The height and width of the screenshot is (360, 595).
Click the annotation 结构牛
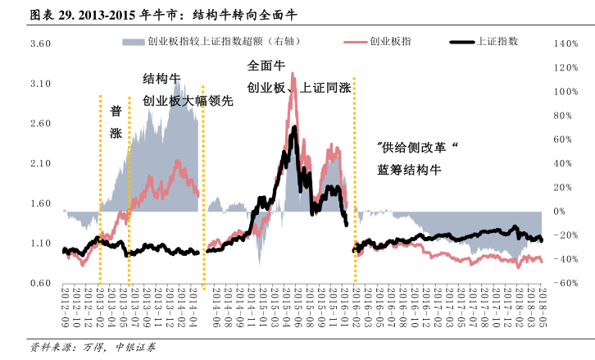click(161, 80)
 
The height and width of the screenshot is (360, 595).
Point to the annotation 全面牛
click(266, 65)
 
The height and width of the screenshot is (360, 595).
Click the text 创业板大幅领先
click(188, 102)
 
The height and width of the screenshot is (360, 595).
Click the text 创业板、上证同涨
click(298, 86)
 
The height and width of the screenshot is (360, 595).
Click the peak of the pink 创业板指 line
click(293, 95)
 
